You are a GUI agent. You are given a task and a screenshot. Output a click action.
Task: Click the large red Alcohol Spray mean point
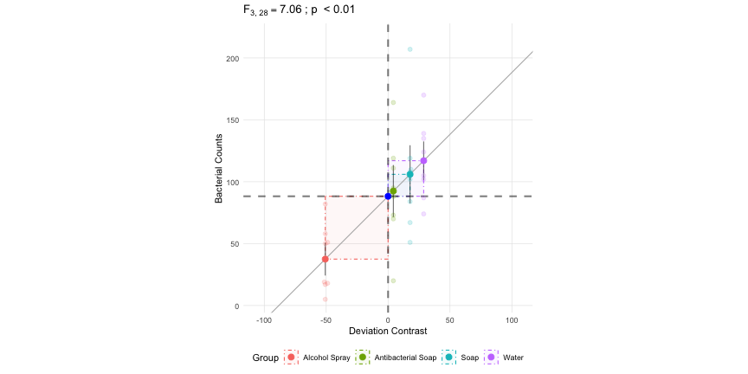pos(326,259)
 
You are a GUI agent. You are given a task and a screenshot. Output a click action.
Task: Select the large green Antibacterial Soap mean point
pos(393,191)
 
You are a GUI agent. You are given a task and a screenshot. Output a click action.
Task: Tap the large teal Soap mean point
pos(410,175)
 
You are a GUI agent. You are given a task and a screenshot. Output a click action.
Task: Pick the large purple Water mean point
pos(423,161)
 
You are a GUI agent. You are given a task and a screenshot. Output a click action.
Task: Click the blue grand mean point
pos(388,197)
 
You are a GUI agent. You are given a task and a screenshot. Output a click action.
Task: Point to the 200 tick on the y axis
pos(232,59)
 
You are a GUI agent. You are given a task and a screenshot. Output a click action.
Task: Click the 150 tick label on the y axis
pos(232,120)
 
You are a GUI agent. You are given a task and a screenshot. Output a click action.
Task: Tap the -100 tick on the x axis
pos(264,319)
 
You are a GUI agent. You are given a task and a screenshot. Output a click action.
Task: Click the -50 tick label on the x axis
pos(326,319)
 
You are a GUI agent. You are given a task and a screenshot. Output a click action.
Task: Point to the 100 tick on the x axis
pos(512,319)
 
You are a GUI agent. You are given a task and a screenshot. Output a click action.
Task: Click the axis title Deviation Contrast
pos(388,332)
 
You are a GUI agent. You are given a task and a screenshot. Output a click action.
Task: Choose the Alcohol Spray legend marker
pos(291,358)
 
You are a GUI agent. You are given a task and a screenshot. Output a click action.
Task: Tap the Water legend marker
pos(492,358)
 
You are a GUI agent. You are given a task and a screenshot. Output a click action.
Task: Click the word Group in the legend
pos(265,358)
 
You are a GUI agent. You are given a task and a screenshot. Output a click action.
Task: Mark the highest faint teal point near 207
pos(410,49)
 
